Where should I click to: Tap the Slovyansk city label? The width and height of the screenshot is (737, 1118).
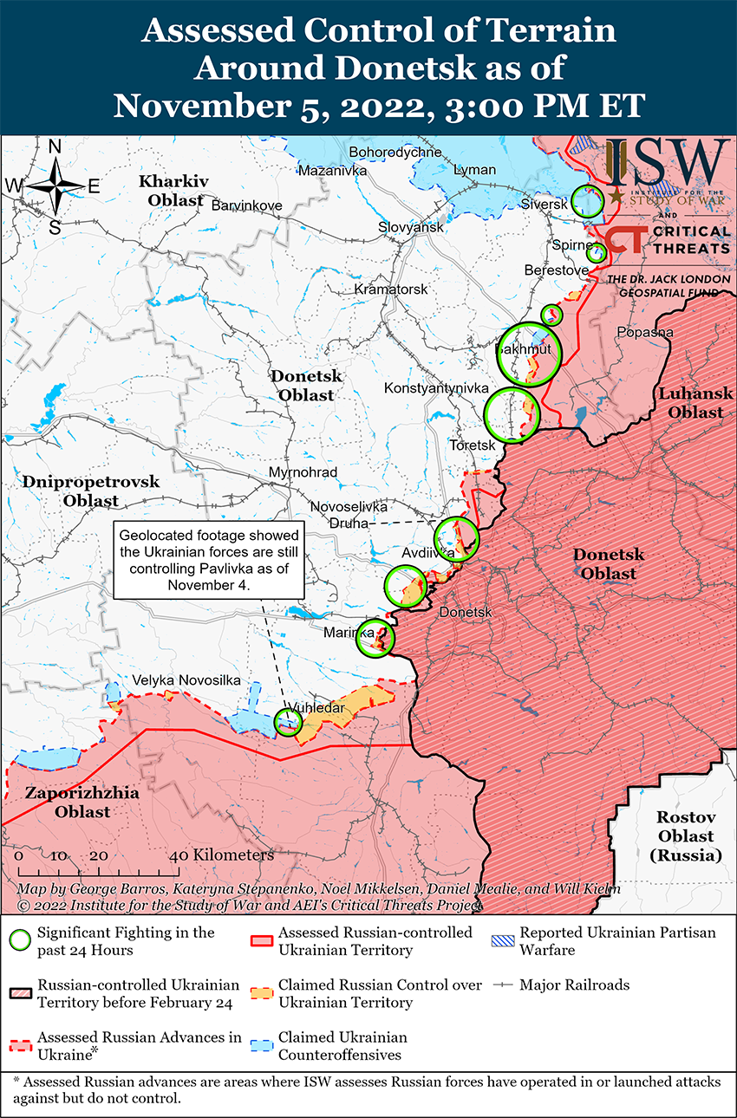[x=410, y=227]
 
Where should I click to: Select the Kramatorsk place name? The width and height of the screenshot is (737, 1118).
[x=391, y=289]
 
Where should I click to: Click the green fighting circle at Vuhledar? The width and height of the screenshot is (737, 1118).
[x=288, y=721]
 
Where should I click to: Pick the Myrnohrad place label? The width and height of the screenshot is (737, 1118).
[x=303, y=472]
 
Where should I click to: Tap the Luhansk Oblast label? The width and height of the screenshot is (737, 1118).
[x=690, y=403]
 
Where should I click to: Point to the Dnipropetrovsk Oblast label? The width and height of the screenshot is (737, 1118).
[x=91, y=491]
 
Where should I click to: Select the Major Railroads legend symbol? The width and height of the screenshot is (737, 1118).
[x=504, y=985]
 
